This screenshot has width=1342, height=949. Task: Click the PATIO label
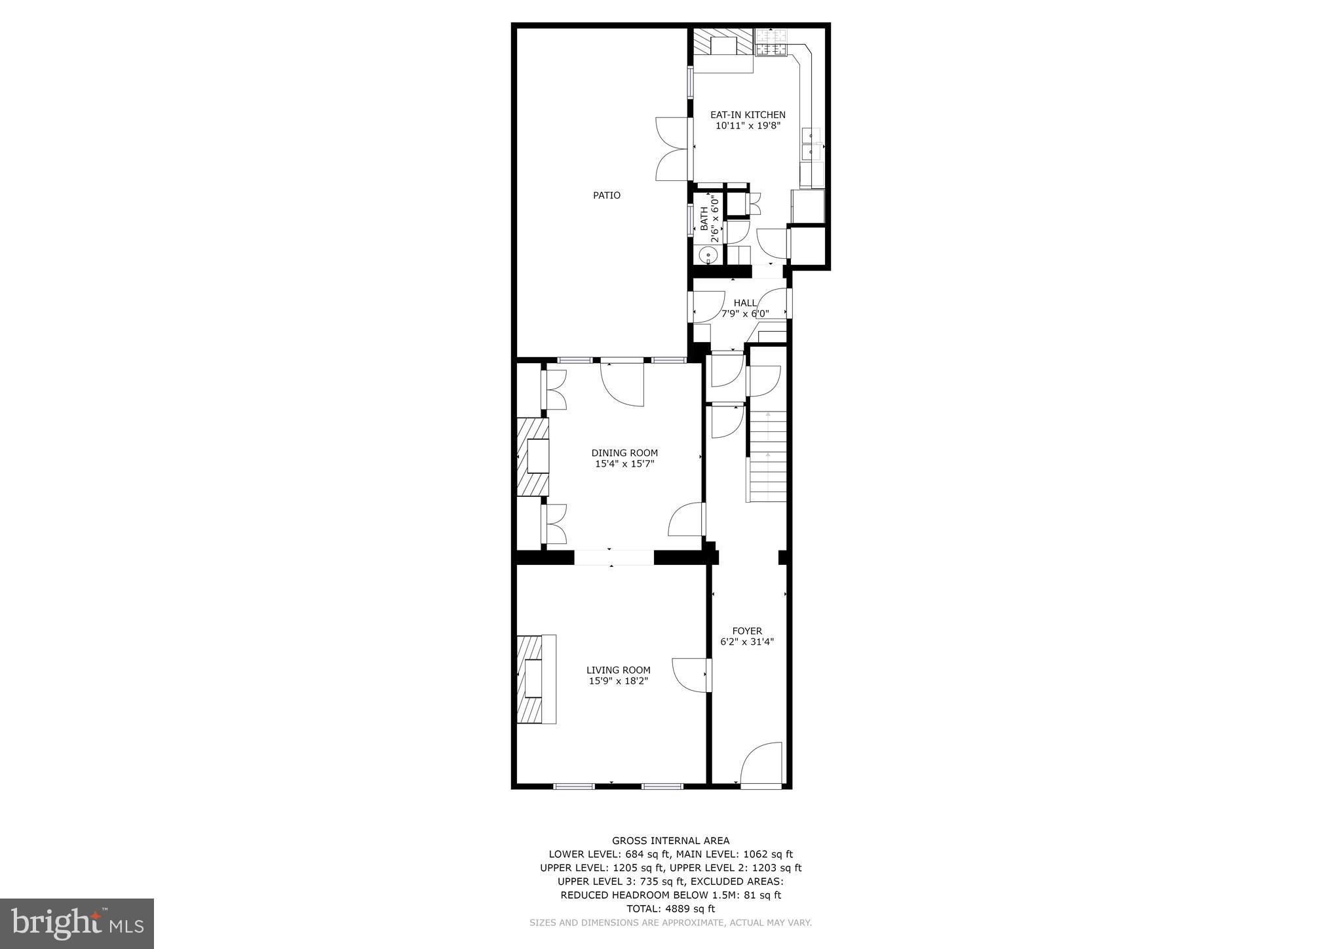click(x=606, y=195)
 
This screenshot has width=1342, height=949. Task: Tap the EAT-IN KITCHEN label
click(x=748, y=115)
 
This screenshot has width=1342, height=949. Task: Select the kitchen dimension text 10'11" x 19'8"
click(x=748, y=126)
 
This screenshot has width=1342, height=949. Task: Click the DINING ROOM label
click(x=624, y=453)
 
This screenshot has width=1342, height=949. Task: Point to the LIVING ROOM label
click(x=618, y=670)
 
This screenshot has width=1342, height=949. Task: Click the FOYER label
click(x=747, y=631)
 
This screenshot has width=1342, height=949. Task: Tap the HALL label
click(x=745, y=303)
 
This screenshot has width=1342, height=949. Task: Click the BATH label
click(x=704, y=219)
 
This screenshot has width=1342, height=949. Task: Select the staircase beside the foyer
click(x=767, y=456)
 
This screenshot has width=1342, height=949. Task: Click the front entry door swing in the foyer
click(x=761, y=763)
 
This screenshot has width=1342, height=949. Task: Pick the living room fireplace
click(x=535, y=679)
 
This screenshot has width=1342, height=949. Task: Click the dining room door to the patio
click(x=623, y=383)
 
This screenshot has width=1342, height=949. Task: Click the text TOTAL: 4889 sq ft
click(x=670, y=908)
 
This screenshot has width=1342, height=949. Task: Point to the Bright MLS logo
click(x=77, y=923)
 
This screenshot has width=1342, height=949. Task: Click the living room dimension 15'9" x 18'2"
click(x=618, y=682)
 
